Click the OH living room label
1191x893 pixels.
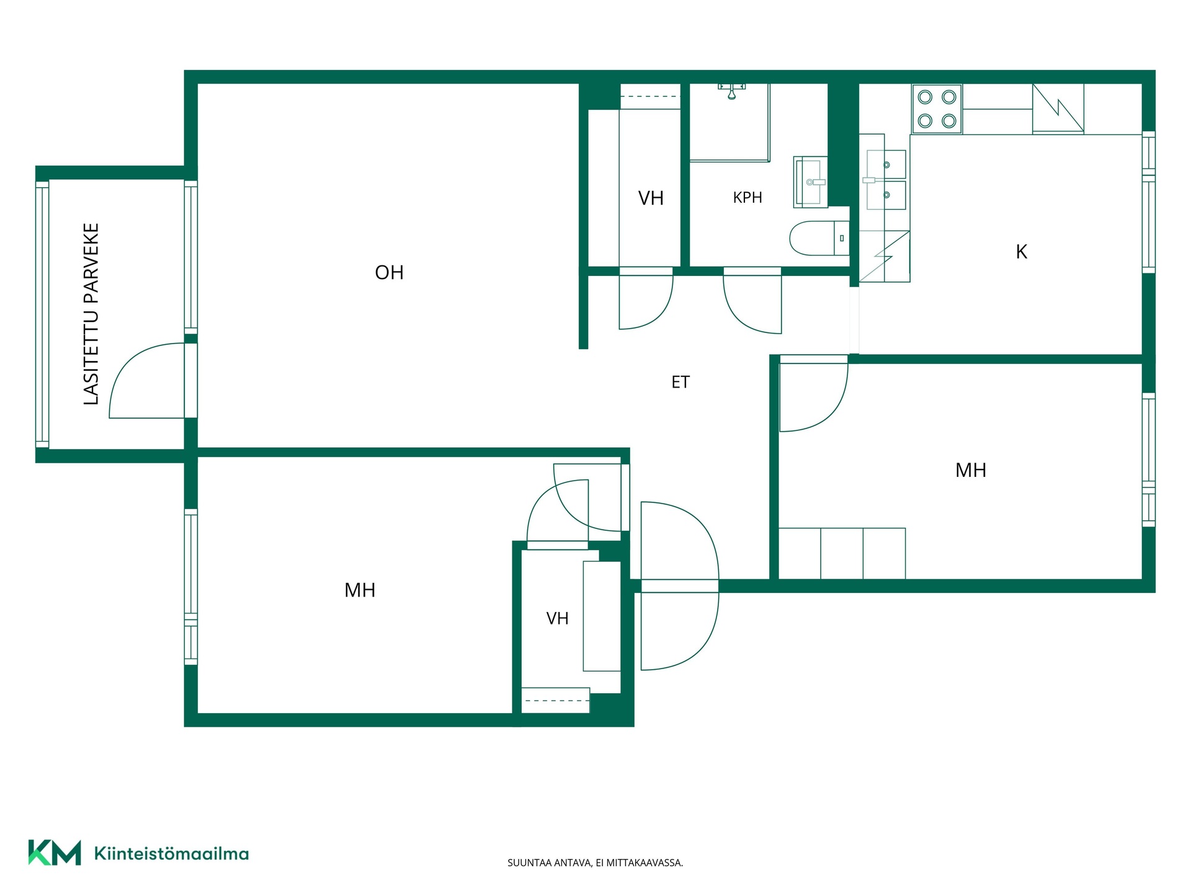[x=389, y=272]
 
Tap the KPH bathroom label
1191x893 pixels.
[x=747, y=198]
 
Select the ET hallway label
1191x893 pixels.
[x=680, y=382]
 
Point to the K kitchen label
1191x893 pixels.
[x=1021, y=252]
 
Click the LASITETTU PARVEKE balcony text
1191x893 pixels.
[x=91, y=314]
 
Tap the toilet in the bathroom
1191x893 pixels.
[x=819, y=238]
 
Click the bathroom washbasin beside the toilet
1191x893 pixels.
[x=811, y=182]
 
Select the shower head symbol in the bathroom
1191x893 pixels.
[x=732, y=91]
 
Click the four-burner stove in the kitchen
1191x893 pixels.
[x=937, y=109]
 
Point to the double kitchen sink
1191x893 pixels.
[x=886, y=180]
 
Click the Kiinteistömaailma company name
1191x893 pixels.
[x=171, y=853]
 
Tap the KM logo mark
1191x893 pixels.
[x=55, y=853]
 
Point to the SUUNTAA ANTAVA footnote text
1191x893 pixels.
[x=595, y=863]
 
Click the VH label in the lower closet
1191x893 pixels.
[x=557, y=618]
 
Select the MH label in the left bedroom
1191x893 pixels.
[x=360, y=590]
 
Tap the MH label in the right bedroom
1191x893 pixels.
[x=971, y=470]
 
